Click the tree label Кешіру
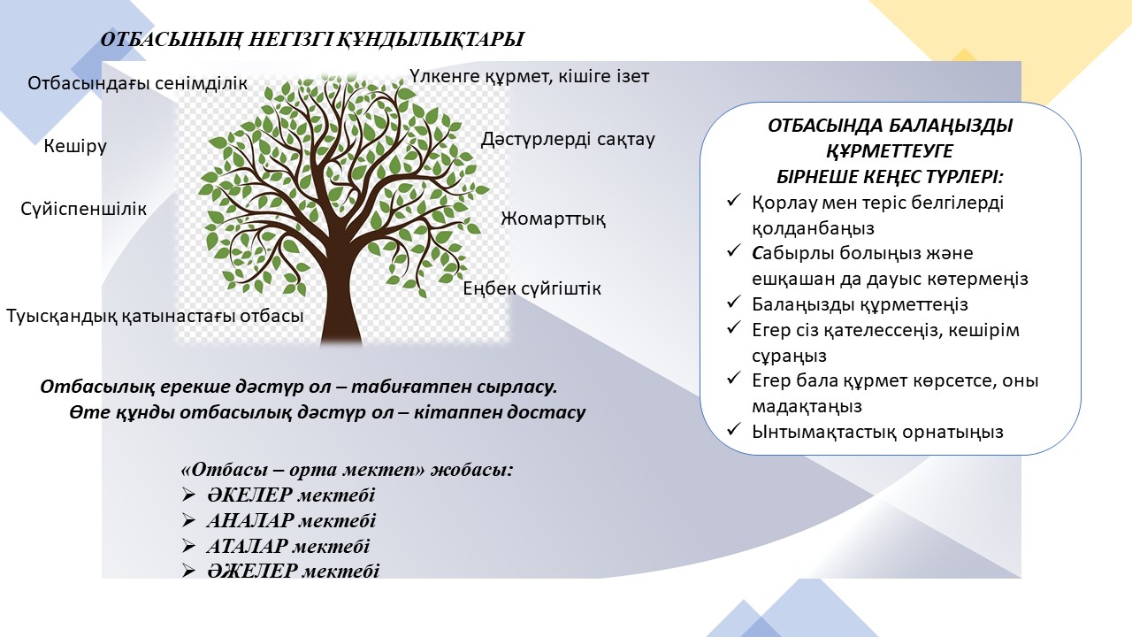click(75, 147)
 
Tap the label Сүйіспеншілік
click(83, 209)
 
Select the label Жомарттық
click(553, 219)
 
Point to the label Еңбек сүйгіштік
click(532, 289)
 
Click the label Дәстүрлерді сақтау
click(568, 140)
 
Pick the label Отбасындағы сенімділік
click(137, 83)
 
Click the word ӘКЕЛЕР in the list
click(249, 495)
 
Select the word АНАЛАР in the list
click(249, 521)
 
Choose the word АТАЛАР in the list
click(247, 547)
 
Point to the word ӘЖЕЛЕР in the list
click(251, 572)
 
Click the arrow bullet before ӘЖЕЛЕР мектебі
click(188, 572)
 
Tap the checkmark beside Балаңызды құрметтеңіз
click(733, 303)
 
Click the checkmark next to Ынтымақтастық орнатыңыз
click(733, 430)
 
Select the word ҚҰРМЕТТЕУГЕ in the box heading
click(890, 151)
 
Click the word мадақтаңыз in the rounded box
click(807, 407)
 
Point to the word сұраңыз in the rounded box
click(789, 356)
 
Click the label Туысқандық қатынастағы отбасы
click(155, 317)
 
